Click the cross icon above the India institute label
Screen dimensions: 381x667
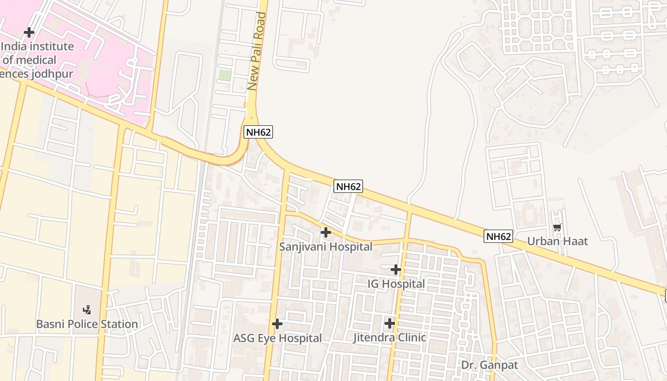point(29,32)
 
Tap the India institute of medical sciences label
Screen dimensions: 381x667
point(37,60)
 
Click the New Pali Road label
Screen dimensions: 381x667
point(256,51)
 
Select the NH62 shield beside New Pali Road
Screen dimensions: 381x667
point(258,132)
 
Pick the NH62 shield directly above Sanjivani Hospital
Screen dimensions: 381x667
point(349,186)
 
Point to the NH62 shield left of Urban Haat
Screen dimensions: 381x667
point(498,236)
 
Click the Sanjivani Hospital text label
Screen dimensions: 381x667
point(325,247)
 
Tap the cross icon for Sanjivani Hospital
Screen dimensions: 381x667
point(326,232)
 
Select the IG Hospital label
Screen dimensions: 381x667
point(396,284)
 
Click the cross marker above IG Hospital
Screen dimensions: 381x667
point(396,270)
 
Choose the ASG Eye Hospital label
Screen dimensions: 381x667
point(277,338)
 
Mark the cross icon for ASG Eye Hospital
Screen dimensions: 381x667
point(277,324)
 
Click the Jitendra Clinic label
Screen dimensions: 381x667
point(389,338)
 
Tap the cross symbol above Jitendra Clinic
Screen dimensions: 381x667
point(390,323)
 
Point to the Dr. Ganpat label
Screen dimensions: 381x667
point(489,365)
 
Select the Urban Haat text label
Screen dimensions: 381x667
point(557,241)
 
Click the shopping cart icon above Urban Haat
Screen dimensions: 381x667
point(557,228)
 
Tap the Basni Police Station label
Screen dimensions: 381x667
point(87,324)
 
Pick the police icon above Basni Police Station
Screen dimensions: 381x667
point(87,310)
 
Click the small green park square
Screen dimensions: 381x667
point(224,75)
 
